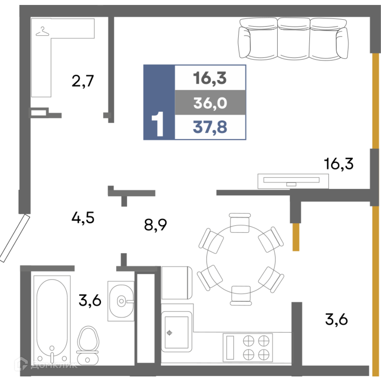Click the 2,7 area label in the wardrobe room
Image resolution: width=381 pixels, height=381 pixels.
(83, 81)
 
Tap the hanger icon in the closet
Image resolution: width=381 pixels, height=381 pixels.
(43, 32)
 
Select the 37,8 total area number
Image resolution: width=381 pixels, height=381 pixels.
(210, 127)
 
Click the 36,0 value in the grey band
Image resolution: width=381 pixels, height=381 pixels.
(210, 103)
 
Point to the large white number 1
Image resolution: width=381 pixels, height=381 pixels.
(157, 124)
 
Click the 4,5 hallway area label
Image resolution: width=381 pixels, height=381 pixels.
(83, 218)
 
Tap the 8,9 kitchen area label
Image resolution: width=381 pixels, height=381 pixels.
(155, 225)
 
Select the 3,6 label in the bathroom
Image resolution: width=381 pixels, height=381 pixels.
(90, 300)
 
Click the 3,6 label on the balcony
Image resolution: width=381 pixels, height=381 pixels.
(336, 319)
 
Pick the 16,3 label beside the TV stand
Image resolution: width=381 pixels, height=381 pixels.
(338, 163)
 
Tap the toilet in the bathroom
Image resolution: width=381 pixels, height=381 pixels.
(88, 345)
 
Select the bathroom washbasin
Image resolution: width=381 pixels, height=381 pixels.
(121, 301)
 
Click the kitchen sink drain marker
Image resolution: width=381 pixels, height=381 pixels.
(170, 333)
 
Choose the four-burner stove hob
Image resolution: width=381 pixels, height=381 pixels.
(248, 347)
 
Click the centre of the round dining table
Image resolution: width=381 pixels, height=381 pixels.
(241, 260)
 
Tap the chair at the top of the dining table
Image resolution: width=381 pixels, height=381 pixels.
(240, 223)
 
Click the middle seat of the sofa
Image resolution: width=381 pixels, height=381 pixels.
(293, 39)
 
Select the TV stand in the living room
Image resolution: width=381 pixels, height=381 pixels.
(293, 181)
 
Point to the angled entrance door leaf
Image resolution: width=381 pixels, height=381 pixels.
(15, 238)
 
